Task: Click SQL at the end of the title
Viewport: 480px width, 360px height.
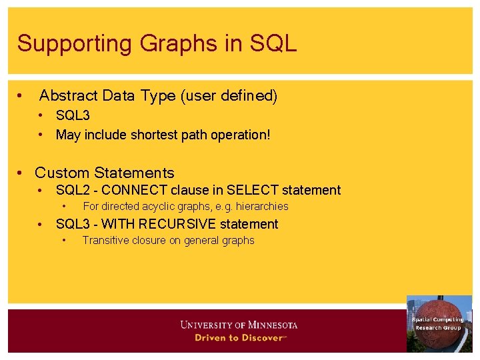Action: [273, 44]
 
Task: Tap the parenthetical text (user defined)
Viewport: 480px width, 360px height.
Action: [229, 96]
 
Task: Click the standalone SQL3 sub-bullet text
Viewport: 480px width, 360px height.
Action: [73, 116]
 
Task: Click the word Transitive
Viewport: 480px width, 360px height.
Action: [103, 241]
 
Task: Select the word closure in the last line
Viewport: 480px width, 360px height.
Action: [147, 241]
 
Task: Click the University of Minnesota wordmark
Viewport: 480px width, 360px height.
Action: [239, 325]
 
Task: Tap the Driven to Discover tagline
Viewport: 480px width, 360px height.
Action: [239, 338]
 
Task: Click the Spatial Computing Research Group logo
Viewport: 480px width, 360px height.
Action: [439, 323]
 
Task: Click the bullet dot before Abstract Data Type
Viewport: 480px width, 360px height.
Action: [22, 96]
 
